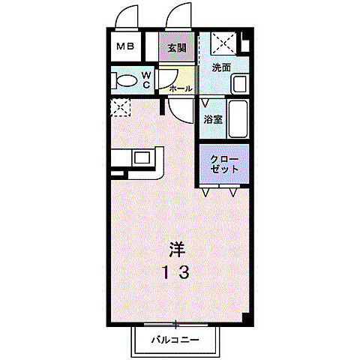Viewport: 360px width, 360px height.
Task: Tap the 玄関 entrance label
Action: (x=177, y=47)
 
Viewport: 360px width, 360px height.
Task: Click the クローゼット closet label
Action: (x=223, y=163)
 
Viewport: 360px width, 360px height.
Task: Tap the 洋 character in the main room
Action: (x=177, y=247)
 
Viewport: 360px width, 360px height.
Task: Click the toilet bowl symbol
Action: (x=127, y=80)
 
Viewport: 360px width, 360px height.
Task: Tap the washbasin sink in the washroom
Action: (x=240, y=84)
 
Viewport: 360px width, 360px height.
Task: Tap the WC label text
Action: (x=148, y=80)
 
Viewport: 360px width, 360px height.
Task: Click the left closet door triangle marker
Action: (x=205, y=192)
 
